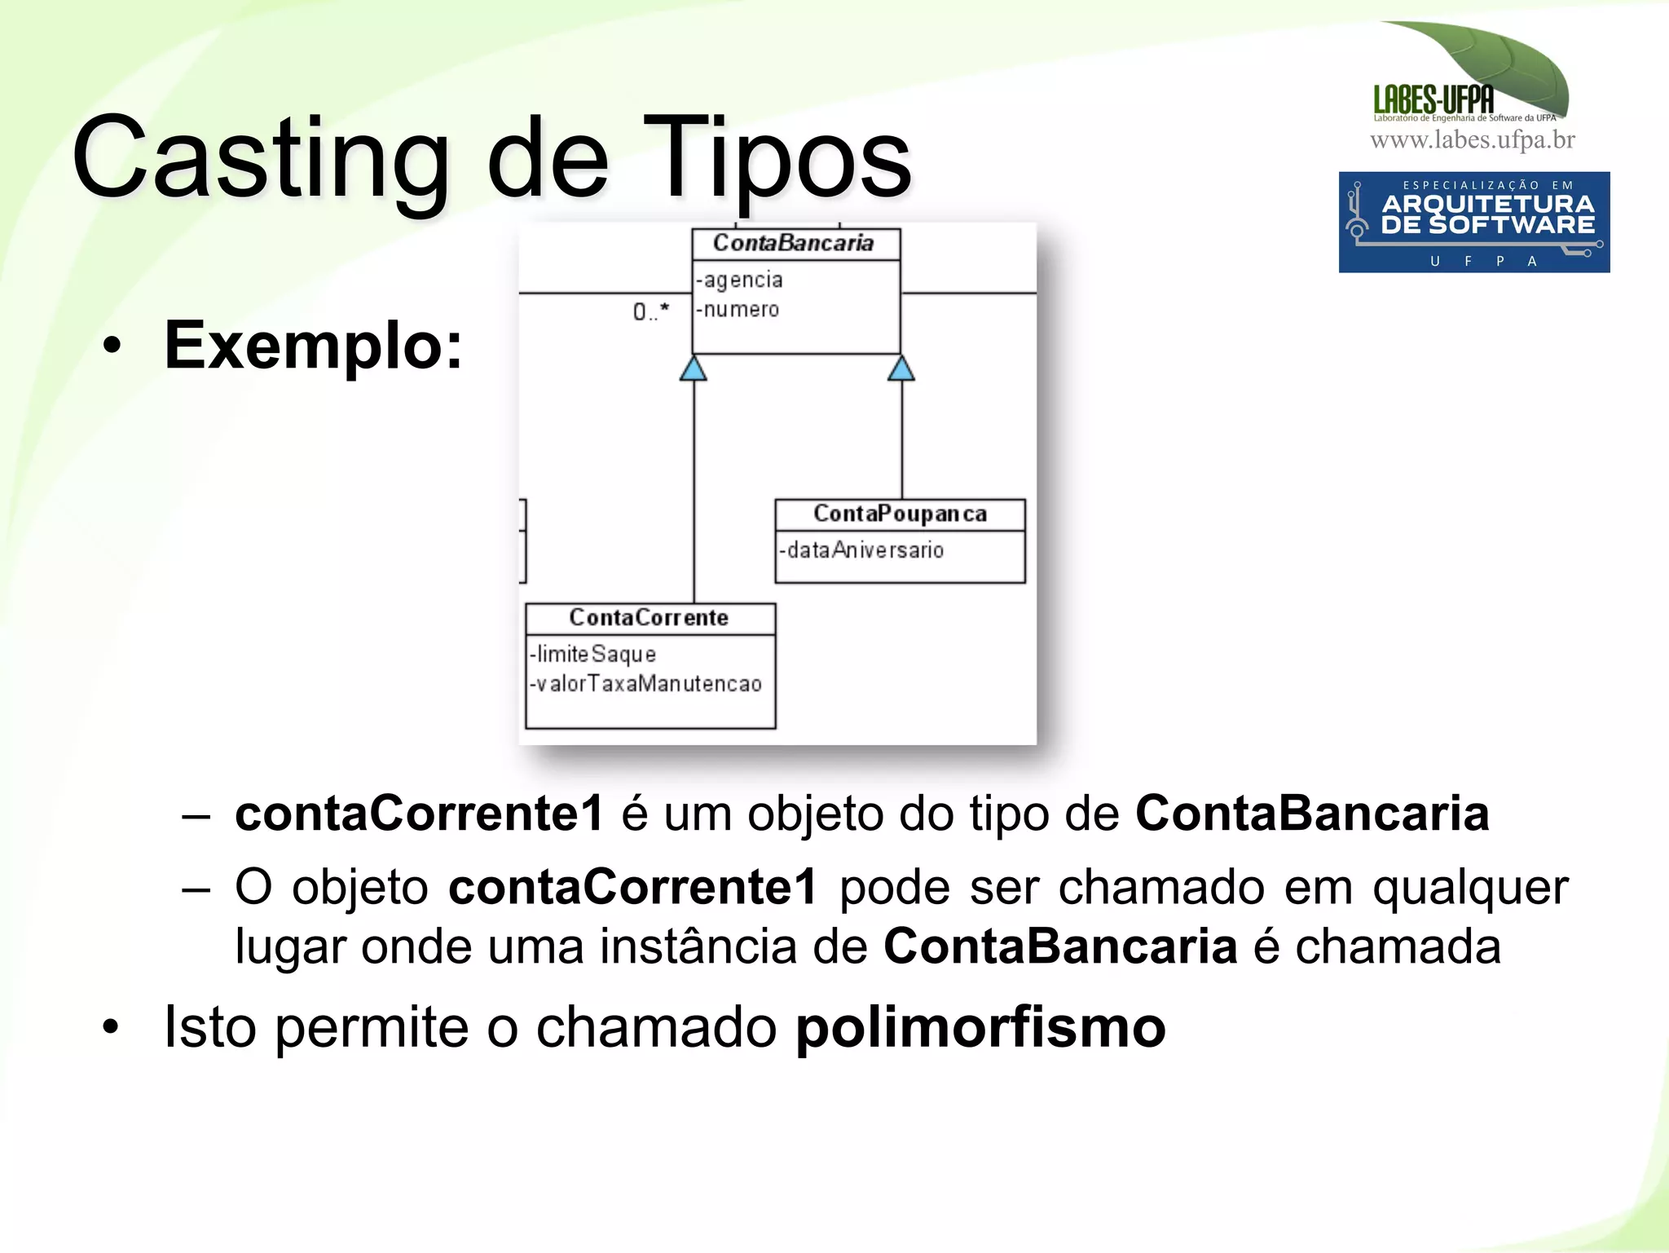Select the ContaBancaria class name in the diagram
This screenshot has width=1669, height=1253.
point(793,243)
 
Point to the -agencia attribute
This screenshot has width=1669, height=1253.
point(740,280)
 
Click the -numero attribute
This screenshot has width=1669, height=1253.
point(738,310)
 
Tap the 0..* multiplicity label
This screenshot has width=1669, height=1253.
point(650,311)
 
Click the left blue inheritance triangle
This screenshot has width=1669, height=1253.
point(694,368)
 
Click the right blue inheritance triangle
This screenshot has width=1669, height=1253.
point(901,368)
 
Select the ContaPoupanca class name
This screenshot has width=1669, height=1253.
point(900,514)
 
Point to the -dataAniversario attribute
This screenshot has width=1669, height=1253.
point(862,550)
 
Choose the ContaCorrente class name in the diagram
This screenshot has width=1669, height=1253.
point(649,618)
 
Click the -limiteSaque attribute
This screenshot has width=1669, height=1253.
point(593,654)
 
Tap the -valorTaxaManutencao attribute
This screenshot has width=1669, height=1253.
point(646,683)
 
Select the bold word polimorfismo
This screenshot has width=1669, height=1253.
point(980,1027)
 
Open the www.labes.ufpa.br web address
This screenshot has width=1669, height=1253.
point(1472,140)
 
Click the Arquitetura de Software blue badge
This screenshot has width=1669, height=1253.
point(1473,222)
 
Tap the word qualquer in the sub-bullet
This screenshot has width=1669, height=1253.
point(1470,887)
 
